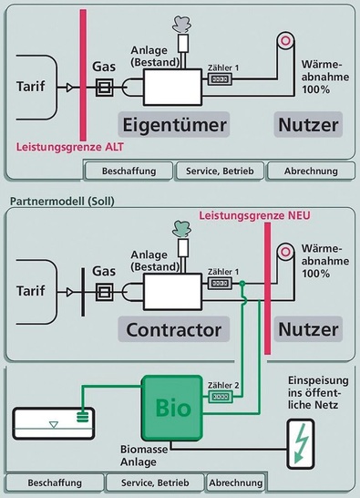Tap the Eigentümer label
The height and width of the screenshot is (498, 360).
pos(173,123)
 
